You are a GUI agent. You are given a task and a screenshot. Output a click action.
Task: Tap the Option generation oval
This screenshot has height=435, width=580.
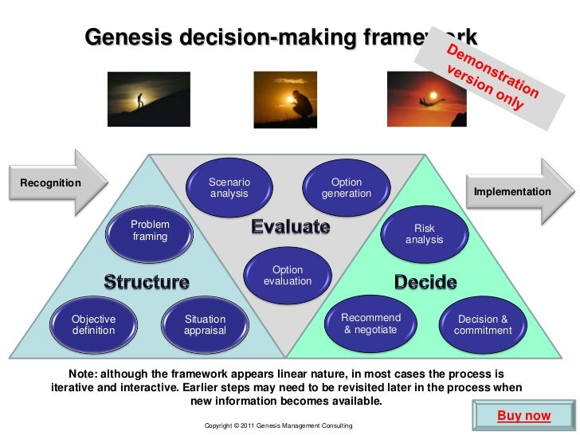tap(347, 188)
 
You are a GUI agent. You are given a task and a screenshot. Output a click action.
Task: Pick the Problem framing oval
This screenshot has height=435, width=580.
tap(150, 231)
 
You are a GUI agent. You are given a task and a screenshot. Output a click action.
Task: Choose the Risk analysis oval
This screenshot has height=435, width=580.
tap(424, 233)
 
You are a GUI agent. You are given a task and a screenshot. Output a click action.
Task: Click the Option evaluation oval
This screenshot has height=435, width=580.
tap(287, 276)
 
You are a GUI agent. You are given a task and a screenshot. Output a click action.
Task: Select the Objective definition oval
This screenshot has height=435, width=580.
tap(93, 324)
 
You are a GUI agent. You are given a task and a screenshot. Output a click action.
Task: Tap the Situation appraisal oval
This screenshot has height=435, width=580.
tap(205, 324)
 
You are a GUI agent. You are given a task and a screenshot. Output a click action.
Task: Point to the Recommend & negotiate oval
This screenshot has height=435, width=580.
tap(370, 323)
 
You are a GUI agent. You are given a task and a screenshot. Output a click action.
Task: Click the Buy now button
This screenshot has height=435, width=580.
tap(523, 416)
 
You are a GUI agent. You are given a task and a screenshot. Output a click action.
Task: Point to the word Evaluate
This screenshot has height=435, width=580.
tap(291, 227)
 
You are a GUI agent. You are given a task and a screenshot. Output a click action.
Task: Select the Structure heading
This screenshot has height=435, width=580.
tap(147, 282)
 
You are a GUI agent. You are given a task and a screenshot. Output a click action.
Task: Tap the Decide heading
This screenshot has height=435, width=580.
tap(425, 282)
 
